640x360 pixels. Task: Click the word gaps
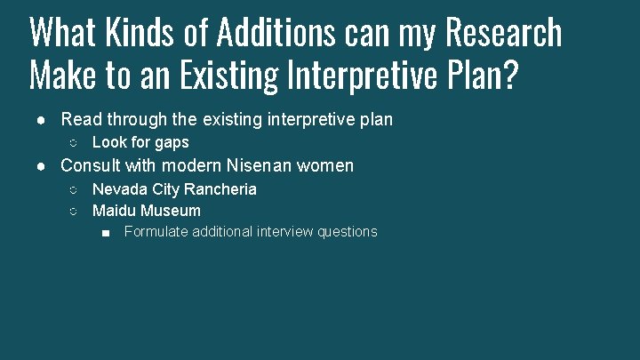(x=172, y=142)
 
